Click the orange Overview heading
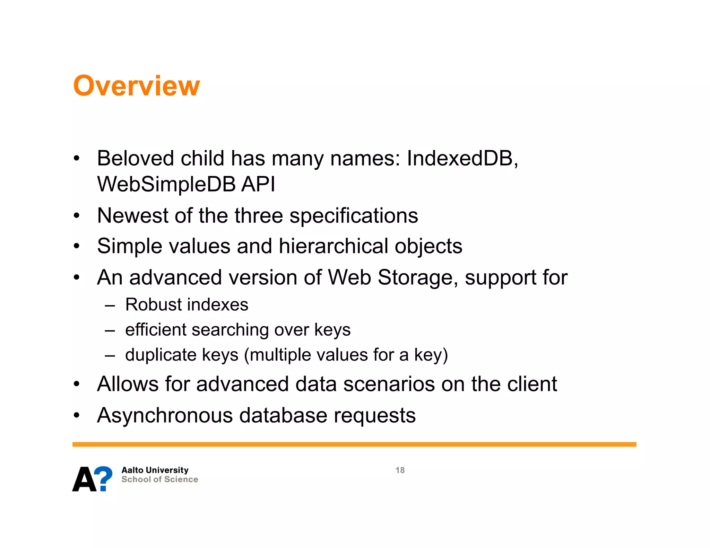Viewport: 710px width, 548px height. tap(136, 86)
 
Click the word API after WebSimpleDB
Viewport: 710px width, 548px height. tap(258, 184)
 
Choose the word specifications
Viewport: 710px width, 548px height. tap(354, 216)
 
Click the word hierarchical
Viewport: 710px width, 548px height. tap(334, 246)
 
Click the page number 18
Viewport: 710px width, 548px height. tap(400, 470)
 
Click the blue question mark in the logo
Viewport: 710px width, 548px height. tap(104, 478)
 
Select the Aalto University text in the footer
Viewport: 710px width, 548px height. tap(155, 470)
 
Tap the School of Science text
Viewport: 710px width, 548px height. tap(160, 479)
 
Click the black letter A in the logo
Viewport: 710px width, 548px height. tap(84, 480)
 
